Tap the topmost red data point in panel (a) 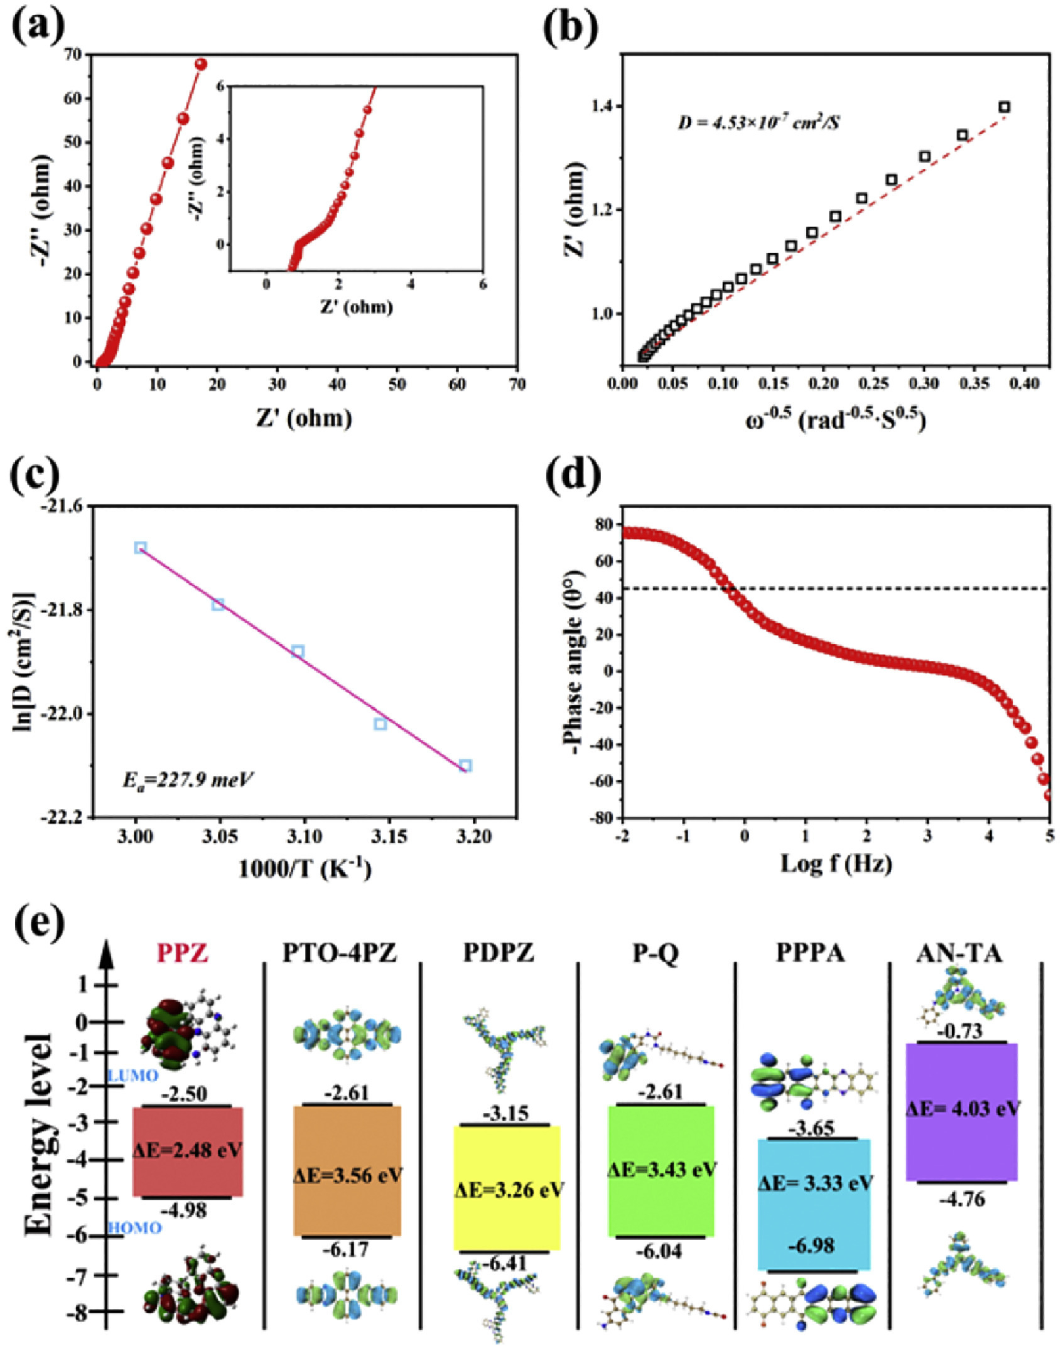click(x=201, y=64)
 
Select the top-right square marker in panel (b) click(x=1005, y=107)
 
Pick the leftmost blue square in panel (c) click(x=141, y=547)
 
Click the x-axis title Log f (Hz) click(x=836, y=863)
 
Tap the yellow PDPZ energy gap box click(x=507, y=1187)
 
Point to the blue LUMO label click(x=133, y=1076)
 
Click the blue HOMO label click(x=135, y=1227)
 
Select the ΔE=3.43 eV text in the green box click(x=662, y=1169)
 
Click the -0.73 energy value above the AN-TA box click(x=960, y=1031)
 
